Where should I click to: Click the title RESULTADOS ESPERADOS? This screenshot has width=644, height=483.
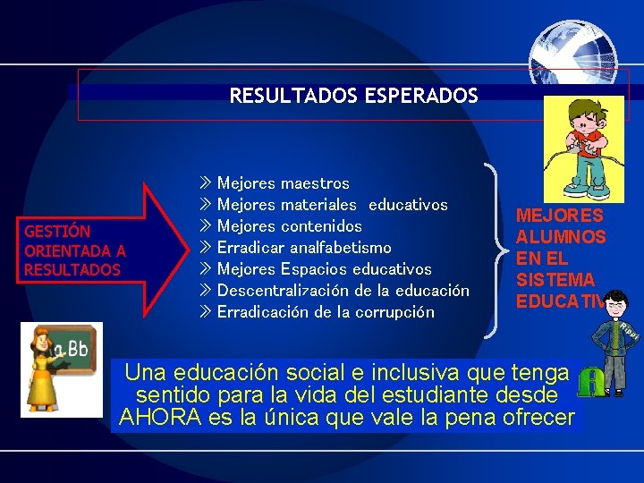(x=353, y=96)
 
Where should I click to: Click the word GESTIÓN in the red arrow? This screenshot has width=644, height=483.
(x=57, y=232)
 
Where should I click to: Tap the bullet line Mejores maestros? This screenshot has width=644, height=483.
(x=283, y=183)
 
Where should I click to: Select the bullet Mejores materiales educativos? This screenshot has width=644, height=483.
(x=332, y=205)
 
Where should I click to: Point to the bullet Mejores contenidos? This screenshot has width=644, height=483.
(x=289, y=226)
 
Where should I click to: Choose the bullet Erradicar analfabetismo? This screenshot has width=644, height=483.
(x=304, y=248)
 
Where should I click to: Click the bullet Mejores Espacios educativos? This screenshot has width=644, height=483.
(x=324, y=269)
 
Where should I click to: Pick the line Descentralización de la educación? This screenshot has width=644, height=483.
(x=343, y=291)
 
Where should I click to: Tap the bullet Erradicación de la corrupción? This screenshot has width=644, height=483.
(x=326, y=312)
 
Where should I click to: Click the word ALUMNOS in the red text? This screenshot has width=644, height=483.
(x=561, y=238)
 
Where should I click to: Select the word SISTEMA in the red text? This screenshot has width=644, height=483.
(x=555, y=281)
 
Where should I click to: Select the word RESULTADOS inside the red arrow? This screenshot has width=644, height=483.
(x=72, y=269)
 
